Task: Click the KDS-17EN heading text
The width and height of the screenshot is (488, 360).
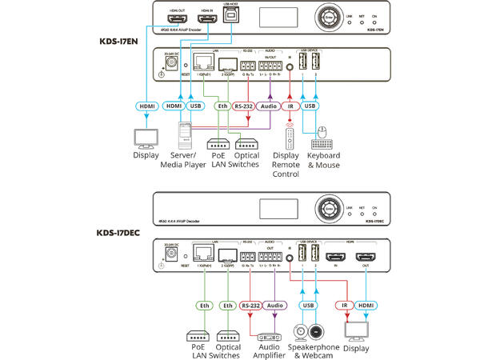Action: (114, 38)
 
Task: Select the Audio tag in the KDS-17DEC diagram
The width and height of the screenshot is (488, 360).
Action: (274, 305)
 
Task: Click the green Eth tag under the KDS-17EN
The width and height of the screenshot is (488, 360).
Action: (223, 106)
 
